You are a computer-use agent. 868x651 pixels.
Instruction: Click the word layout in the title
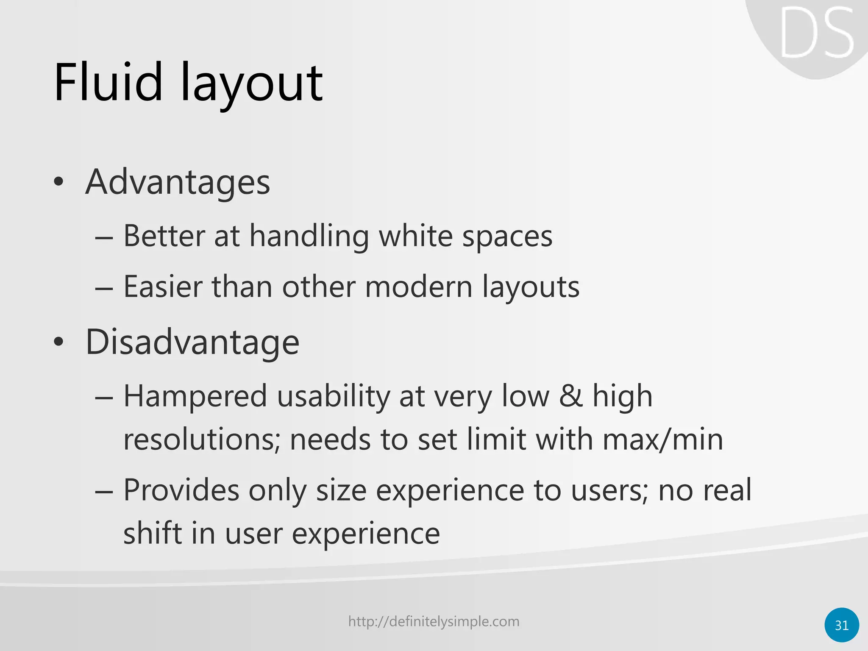point(252,85)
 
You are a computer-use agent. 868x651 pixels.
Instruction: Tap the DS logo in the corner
point(816,33)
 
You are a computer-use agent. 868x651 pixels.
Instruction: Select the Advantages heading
point(178,182)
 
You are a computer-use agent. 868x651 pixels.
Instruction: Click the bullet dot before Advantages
point(59,183)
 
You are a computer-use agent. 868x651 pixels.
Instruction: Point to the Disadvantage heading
point(192,342)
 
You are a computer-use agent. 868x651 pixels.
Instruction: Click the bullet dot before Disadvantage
point(59,342)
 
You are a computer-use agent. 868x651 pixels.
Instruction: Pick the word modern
point(418,287)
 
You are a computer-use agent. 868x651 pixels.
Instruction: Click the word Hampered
point(195,396)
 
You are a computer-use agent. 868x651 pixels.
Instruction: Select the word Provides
point(181,490)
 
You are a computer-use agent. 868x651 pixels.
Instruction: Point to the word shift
point(152,534)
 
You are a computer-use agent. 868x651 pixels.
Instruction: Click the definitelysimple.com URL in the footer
point(434,621)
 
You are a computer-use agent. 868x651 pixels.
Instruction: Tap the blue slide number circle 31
point(842,625)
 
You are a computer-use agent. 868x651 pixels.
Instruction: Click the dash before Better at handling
point(104,238)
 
